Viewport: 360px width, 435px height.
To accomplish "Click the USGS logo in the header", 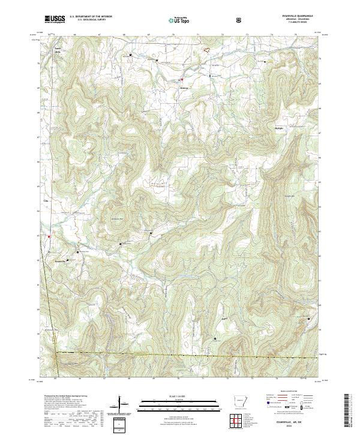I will point(54,19).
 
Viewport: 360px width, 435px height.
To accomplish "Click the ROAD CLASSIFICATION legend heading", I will point(282,393).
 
